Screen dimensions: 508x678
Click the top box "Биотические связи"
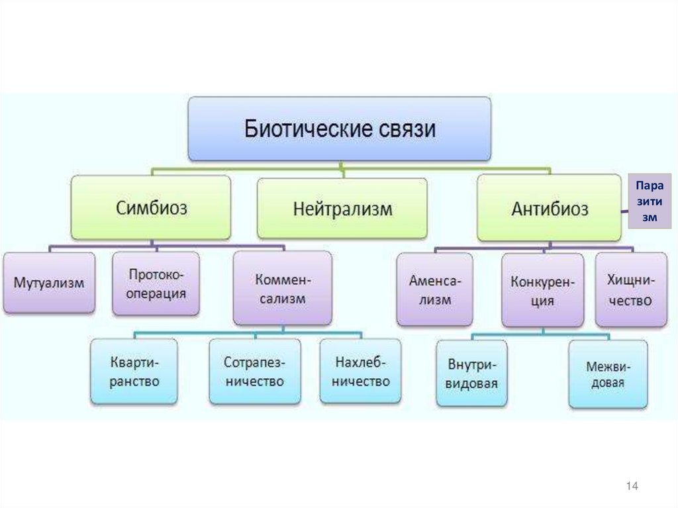(x=340, y=128)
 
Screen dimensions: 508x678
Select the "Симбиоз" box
(x=152, y=208)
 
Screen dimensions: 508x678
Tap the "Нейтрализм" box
(x=342, y=209)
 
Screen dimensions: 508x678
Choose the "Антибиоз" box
(x=549, y=208)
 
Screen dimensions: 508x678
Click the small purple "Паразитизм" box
(x=649, y=201)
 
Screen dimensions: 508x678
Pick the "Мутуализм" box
(x=49, y=283)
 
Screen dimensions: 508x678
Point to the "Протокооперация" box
(x=156, y=283)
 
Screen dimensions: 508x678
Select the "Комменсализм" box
(x=282, y=288)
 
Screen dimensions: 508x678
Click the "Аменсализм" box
(x=430, y=290)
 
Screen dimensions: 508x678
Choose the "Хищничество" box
(x=630, y=290)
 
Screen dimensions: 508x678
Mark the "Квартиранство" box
(x=134, y=372)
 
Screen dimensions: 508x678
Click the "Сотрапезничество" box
(x=254, y=372)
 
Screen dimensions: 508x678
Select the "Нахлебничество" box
(x=360, y=372)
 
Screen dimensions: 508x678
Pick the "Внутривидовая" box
(x=471, y=374)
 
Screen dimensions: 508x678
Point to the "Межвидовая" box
(x=608, y=374)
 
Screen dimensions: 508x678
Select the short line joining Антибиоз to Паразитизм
(x=624, y=211)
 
